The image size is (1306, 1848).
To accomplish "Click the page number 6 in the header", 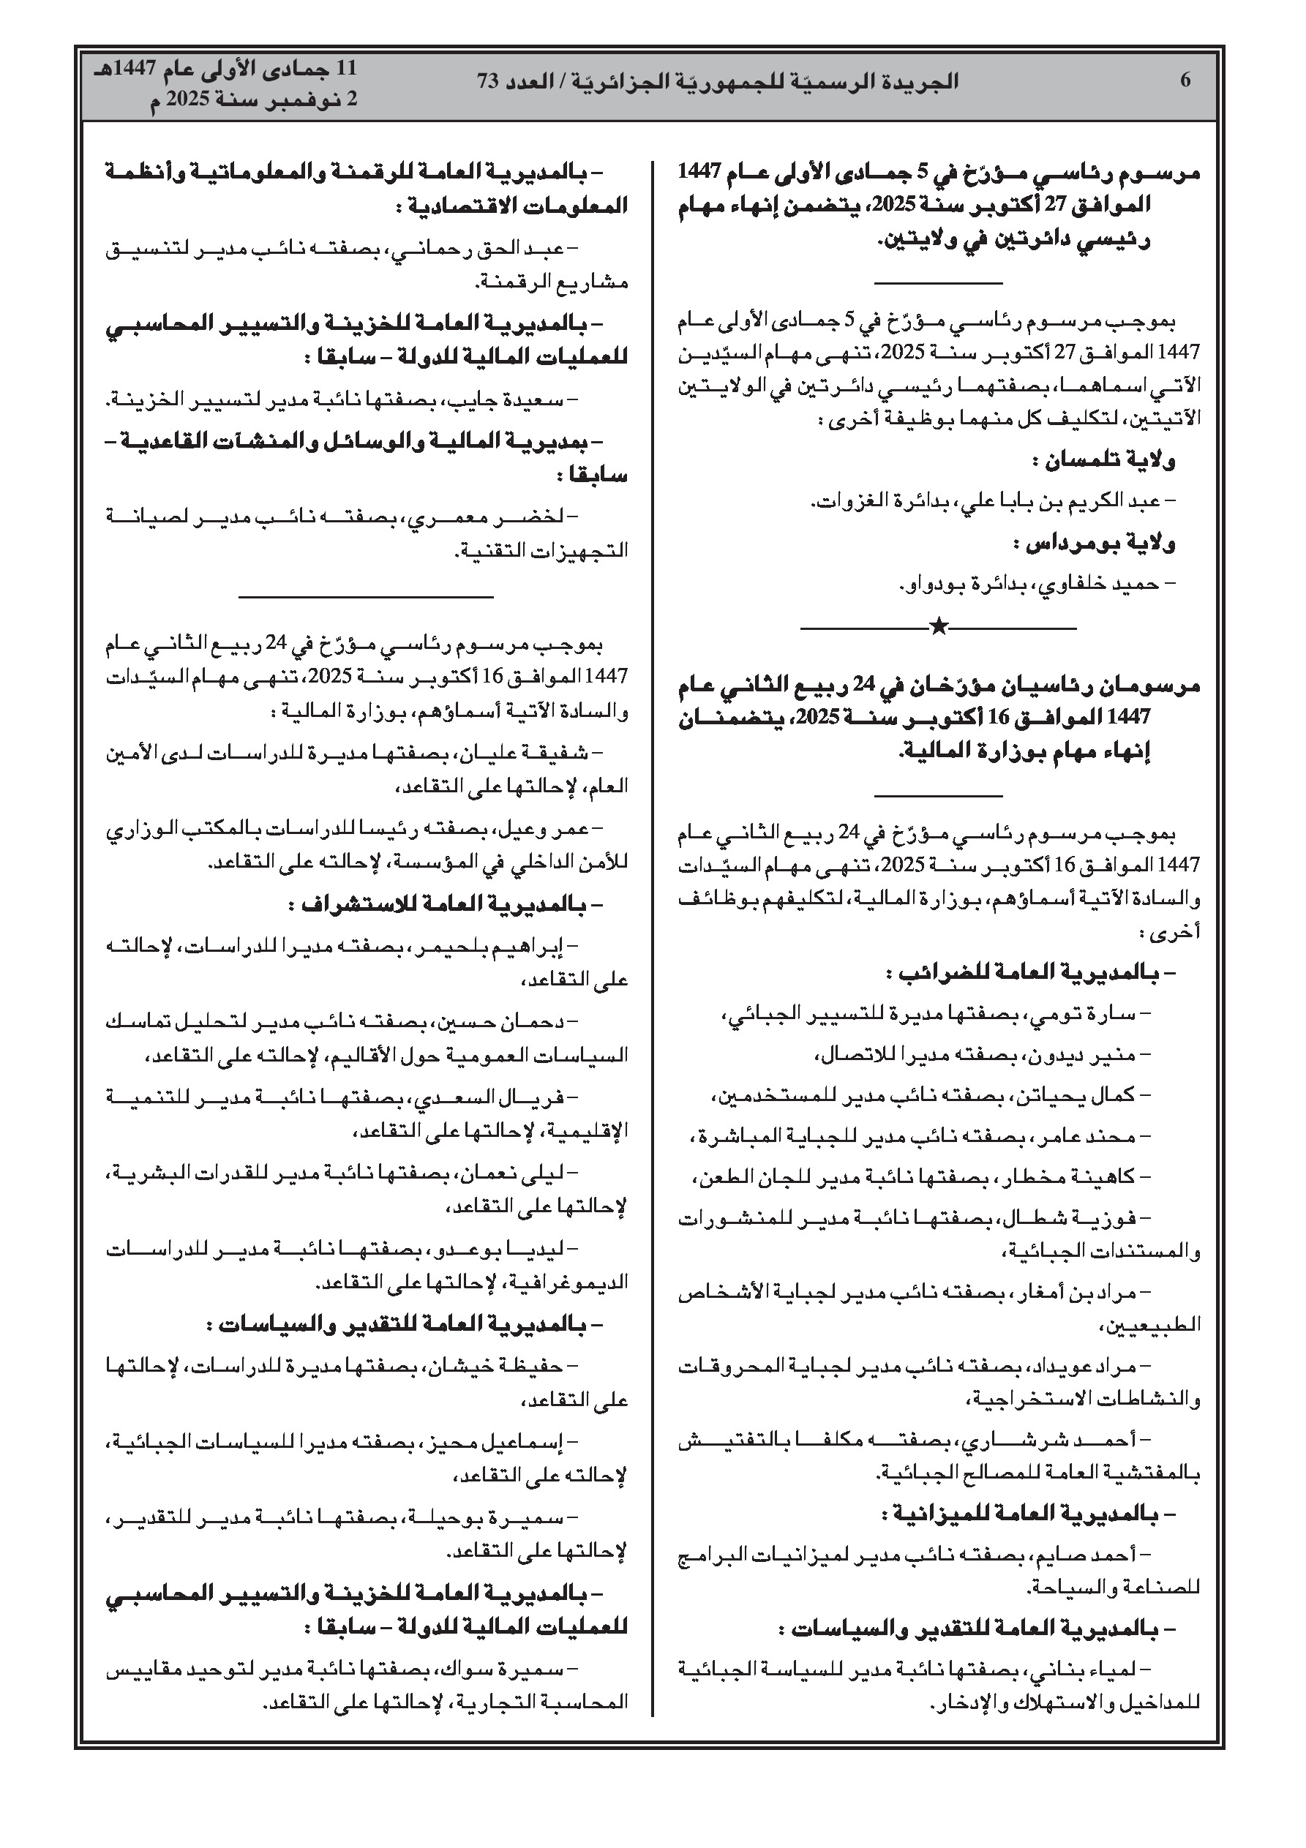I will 1185,80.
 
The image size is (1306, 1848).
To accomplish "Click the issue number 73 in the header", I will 489,81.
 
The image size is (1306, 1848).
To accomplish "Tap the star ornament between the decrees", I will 938,626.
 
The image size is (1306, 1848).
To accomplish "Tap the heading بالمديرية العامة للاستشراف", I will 446,905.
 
